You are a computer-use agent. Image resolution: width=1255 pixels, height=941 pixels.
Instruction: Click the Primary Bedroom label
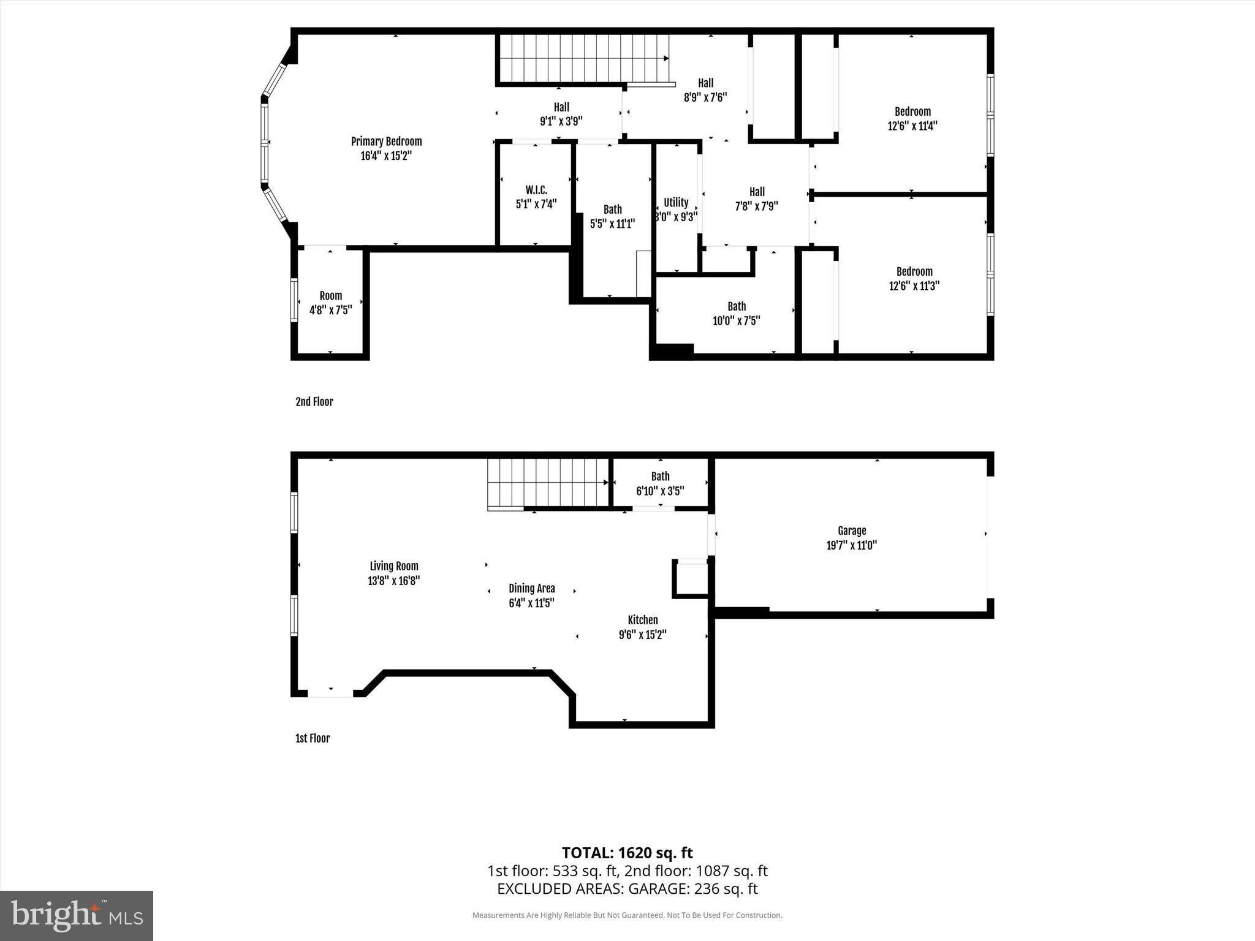click(386, 142)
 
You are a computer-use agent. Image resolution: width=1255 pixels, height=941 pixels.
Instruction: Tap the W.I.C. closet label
click(536, 190)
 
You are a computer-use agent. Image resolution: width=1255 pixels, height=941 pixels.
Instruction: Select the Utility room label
click(676, 202)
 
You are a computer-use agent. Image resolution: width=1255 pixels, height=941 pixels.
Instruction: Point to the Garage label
click(852, 531)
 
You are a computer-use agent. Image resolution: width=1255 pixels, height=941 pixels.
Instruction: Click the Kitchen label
click(643, 620)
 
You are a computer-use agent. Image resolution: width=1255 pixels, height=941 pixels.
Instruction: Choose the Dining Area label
click(532, 589)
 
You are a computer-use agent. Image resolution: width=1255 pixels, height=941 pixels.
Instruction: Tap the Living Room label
click(394, 567)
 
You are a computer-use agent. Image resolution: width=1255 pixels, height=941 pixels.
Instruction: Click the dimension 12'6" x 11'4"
click(912, 126)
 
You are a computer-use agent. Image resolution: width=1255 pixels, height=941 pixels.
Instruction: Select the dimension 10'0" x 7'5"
click(737, 320)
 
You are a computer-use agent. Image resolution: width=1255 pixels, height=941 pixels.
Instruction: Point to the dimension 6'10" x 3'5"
click(660, 491)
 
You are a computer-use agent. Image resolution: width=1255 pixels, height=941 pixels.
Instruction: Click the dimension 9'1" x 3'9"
click(561, 121)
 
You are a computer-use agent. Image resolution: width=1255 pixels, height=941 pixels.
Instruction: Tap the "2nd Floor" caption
click(314, 402)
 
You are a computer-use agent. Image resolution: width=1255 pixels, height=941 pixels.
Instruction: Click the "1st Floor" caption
click(313, 738)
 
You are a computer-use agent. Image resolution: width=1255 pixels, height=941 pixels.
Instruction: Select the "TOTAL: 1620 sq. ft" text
click(627, 853)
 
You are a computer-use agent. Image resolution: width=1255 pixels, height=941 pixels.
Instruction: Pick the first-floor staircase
click(548, 483)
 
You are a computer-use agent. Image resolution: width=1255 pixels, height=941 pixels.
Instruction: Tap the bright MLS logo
click(77, 915)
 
